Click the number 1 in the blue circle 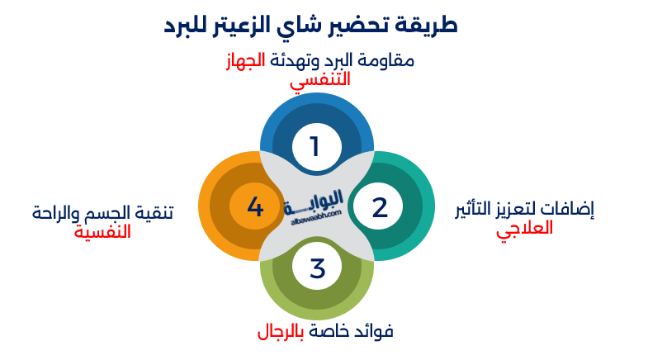coord(315,147)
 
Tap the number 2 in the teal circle coord(380,207)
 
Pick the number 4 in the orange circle coord(255,207)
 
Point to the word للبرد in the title coord(192,25)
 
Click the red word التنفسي coord(319,80)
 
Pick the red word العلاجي coord(524,228)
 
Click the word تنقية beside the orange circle coord(156,214)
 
